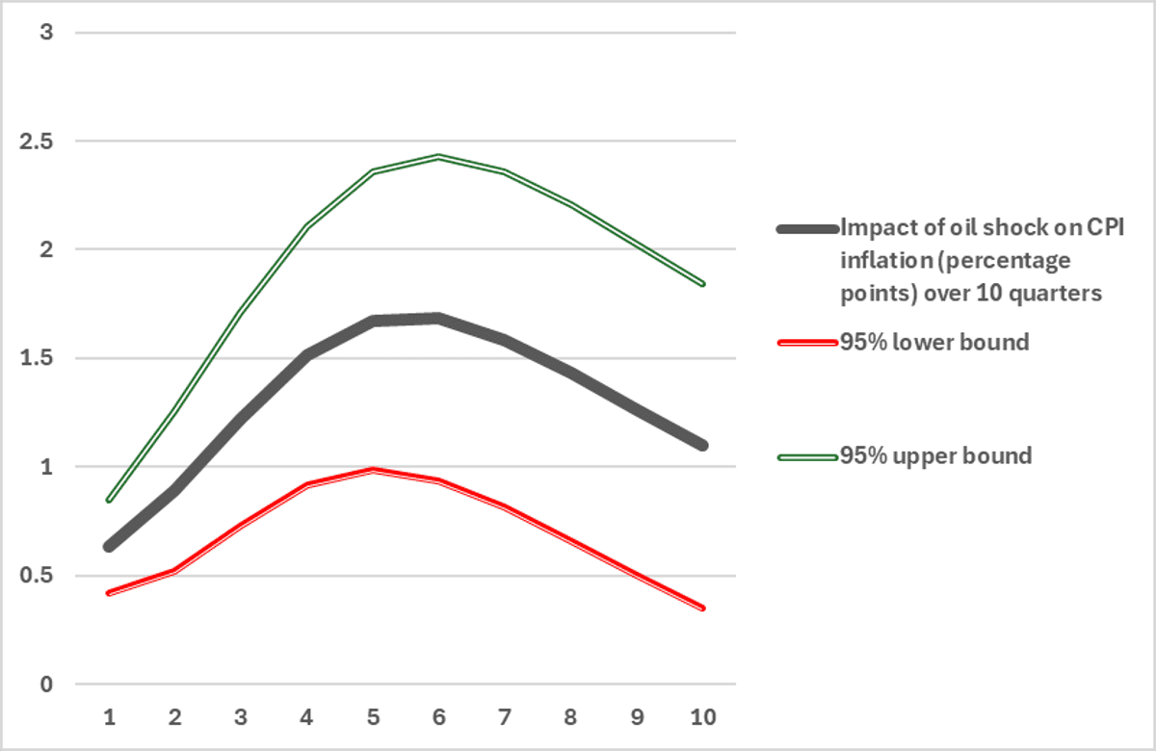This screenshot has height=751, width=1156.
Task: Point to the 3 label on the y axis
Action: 44,33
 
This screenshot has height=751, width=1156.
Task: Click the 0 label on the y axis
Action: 44,686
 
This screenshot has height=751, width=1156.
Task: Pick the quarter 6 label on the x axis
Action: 438,717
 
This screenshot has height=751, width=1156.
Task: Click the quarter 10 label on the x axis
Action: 702,717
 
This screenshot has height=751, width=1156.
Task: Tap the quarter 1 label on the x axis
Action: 109,717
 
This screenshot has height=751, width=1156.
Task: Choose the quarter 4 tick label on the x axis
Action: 306,717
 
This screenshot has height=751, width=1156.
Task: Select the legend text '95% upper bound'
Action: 936,455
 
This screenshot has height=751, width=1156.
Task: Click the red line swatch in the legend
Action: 806,343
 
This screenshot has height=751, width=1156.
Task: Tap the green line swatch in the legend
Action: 806,456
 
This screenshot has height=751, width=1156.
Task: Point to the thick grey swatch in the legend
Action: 806,229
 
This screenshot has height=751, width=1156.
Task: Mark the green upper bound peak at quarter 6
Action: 438,156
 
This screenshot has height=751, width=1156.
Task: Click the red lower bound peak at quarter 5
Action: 373,470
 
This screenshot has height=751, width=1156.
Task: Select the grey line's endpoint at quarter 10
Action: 702,446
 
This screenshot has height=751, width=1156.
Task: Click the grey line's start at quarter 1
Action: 109,547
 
